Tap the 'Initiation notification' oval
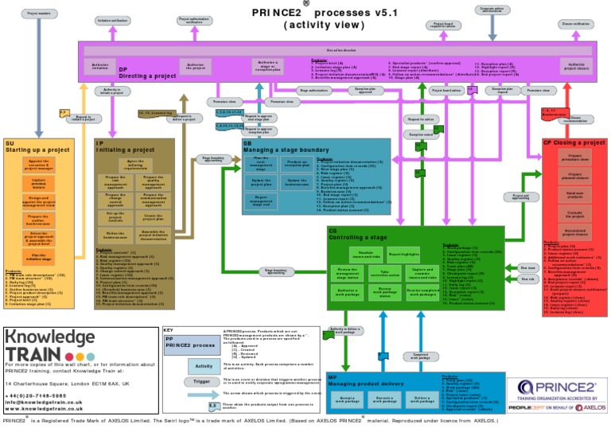tap(114, 21)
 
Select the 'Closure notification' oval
tap(575, 24)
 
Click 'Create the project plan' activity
tap(154, 217)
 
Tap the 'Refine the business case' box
tap(115, 235)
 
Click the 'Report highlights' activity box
tap(403, 254)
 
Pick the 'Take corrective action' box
tap(385, 274)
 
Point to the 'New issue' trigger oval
tap(527, 268)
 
